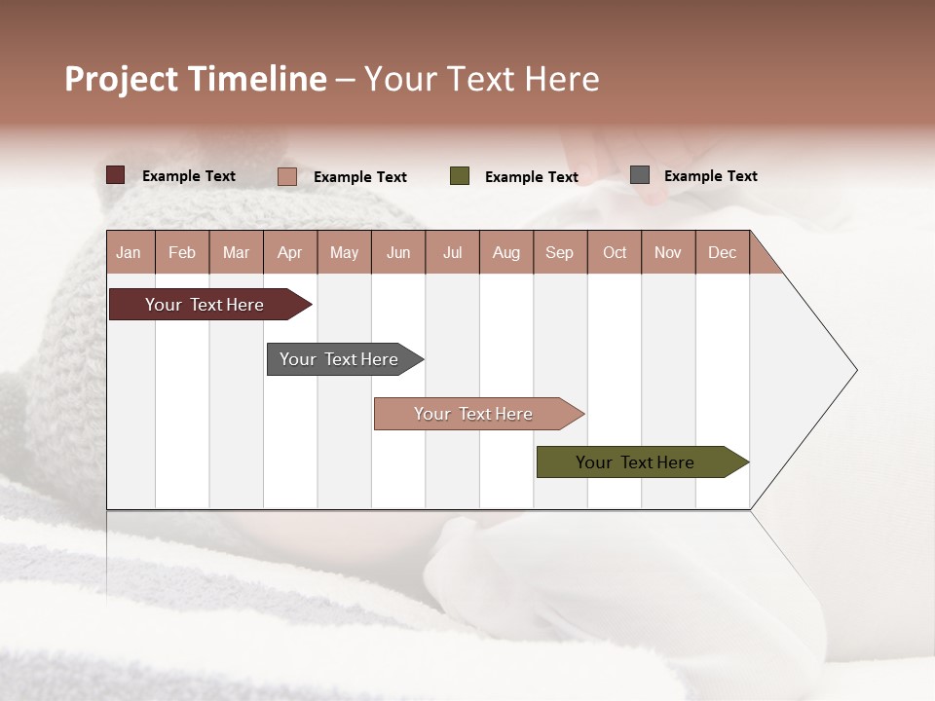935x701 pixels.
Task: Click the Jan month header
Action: point(130,252)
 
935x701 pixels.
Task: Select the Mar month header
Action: point(236,252)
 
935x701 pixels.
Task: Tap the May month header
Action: point(344,252)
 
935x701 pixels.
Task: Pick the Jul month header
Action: point(452,252)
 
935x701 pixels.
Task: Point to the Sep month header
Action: point(559,252)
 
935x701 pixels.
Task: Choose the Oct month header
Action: point(615,252)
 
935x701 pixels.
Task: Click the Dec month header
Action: point(722,252)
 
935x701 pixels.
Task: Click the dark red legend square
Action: point(115,175)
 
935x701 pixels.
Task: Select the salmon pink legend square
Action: point(286,176)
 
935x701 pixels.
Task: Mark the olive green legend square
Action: point(460,176)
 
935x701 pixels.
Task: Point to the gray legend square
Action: point(640,175)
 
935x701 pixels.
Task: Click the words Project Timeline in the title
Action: point(196,79)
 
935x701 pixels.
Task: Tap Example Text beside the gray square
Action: point(710,176)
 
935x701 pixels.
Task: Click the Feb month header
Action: point(182,252)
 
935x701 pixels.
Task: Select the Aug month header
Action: point(505,252)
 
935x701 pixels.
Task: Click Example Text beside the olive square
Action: point(531,177)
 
